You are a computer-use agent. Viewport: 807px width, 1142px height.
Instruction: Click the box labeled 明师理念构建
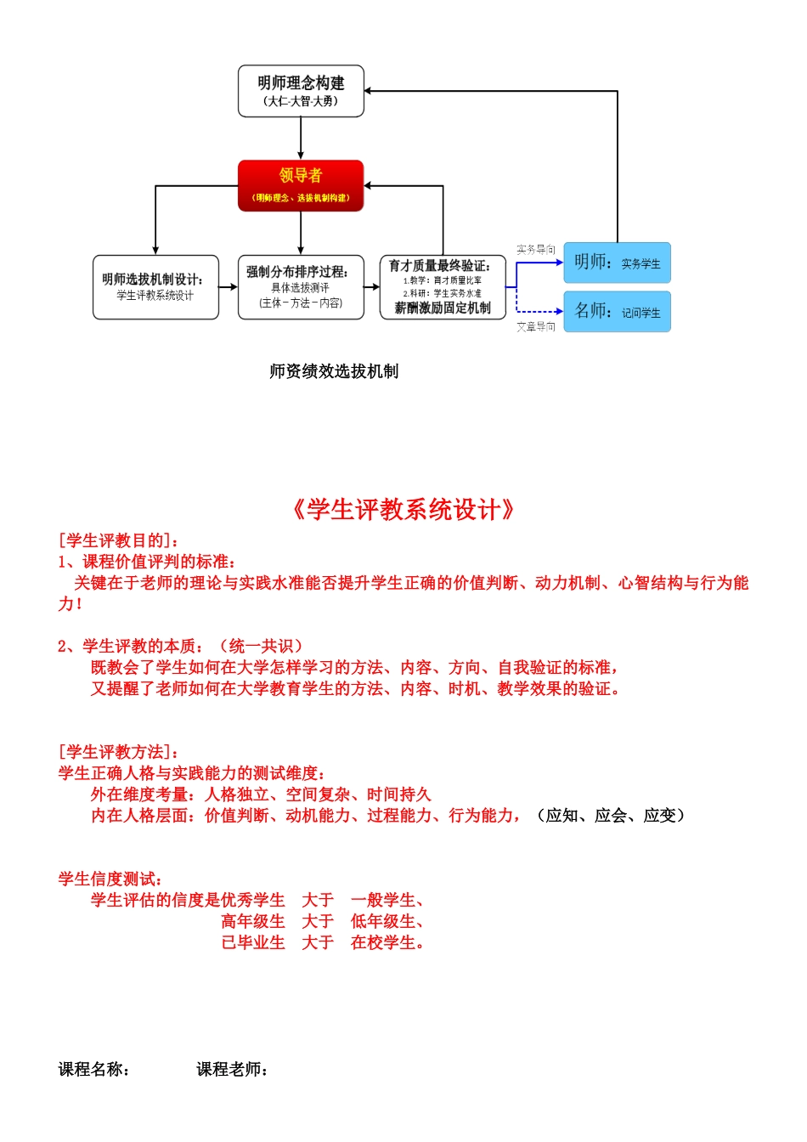point(301,91)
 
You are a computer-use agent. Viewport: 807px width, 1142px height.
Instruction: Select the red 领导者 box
point(301,185)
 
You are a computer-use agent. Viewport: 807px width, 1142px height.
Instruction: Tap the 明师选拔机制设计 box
point(155,287)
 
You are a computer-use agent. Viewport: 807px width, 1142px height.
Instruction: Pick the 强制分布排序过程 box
point(301,287)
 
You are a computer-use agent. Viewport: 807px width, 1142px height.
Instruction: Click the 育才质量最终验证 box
point(443,287)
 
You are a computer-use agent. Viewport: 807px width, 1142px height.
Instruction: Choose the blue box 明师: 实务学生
point(617,263)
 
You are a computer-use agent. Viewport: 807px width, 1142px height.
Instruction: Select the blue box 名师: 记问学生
point(617,312)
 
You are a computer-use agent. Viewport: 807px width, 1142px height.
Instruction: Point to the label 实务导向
point(536,249)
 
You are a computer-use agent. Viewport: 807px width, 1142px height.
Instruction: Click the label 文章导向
point(536,326)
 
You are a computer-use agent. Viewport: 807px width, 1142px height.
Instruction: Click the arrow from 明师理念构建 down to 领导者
point(301,138)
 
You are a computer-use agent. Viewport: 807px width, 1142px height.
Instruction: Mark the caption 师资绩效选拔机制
point(334,371)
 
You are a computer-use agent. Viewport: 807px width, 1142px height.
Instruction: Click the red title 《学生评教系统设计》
point(403,510)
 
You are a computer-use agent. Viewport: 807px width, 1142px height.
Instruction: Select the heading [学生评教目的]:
point(118,540)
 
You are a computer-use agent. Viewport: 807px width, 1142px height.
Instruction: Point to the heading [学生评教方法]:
point(118,752)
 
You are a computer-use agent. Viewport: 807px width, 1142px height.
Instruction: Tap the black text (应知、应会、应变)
point(611,816)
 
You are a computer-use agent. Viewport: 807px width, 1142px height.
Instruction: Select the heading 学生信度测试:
point(110,879)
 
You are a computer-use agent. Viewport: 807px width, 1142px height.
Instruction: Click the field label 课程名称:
point(94,1070)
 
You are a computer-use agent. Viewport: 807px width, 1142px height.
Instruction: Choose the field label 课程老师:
point(233,1070)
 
